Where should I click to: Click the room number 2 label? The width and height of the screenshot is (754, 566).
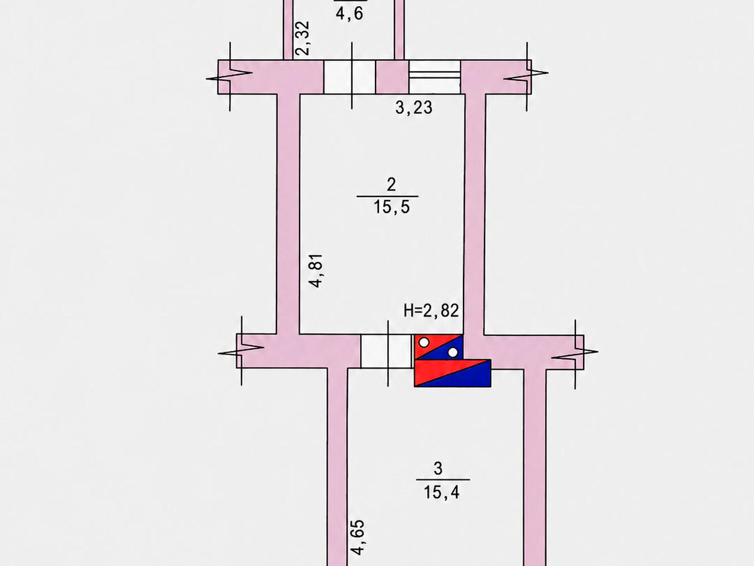pos(391,184)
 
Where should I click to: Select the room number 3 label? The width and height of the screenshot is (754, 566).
pos(438,468)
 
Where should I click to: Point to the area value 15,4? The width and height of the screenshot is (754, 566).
pos(441,492)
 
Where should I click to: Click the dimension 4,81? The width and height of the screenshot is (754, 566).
pos(316,270)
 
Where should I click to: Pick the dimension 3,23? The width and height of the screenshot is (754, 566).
pos(414,107)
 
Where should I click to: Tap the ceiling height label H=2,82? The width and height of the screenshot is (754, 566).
pos(431,311)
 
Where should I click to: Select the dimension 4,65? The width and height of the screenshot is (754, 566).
pos(358,537)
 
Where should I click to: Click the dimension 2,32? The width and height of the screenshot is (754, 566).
pos(303,38)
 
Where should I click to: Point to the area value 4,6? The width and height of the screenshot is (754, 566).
pos(350,14)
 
